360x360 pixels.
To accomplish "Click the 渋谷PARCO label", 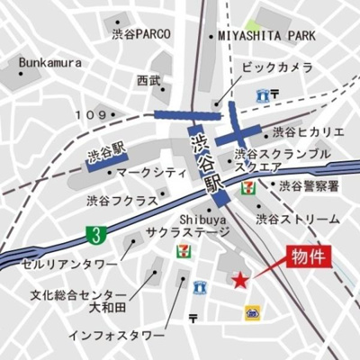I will click(x=141, y=34).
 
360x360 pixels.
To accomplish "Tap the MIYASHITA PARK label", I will click(x=266, y=36).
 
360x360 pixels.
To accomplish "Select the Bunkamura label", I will click(x=49, y=63).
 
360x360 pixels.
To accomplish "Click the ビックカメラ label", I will click(x=277, y=68).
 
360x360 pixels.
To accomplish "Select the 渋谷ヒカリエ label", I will click(x=306, y=130).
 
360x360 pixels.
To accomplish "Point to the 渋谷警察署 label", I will click(x=309, y=186).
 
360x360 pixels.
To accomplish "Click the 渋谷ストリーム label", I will click(x=298, y=219).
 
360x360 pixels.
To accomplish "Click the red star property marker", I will click(x=240, y=282).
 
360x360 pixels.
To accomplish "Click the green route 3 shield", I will click(x=93, y=234).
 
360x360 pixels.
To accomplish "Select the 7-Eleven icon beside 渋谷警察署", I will click(x=247, y=187).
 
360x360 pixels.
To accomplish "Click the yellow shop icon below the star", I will click(x=254, y=311).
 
